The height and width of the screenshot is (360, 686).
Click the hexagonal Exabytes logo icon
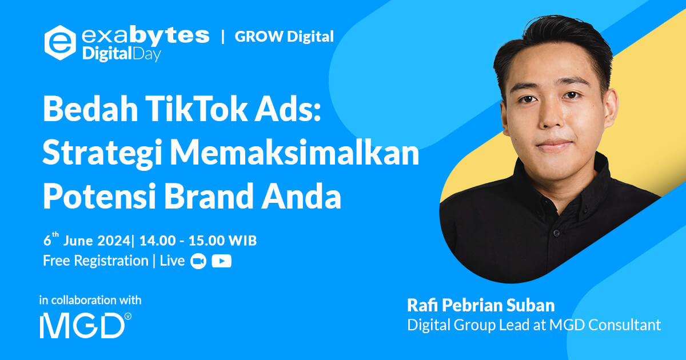click(60, 43)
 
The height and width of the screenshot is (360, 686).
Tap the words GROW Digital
click(284, 37)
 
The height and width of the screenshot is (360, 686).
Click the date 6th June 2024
click(86, 241)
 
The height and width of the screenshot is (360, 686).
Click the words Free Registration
click(95, 261)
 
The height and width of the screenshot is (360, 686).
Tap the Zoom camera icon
click(198, 261)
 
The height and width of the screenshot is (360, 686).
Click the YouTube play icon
click(221, 261)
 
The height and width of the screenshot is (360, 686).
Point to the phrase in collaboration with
click(90, 300)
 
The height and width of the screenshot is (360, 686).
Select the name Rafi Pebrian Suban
click(481, 305)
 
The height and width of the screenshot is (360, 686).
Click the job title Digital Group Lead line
click(533, 325)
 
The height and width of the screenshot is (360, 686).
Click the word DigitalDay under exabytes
click(121, 55)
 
